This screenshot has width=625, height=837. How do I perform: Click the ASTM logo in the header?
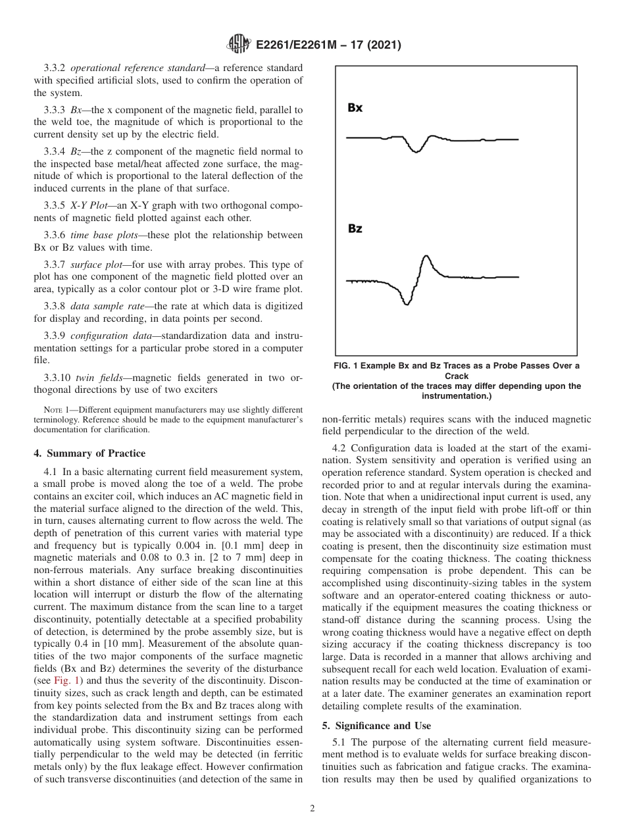click(238, 45)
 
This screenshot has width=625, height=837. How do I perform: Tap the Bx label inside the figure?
click(355, 108)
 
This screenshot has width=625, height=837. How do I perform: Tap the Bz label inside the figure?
click(355, 229)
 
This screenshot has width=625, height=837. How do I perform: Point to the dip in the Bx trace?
click(414, 150)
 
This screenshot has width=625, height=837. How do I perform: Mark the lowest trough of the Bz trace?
click(407, 302)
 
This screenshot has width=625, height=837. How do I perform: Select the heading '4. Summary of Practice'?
click(89, 453)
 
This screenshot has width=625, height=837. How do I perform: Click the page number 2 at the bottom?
click(312, 809)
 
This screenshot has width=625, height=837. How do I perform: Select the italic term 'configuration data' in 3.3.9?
click(106, 337)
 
